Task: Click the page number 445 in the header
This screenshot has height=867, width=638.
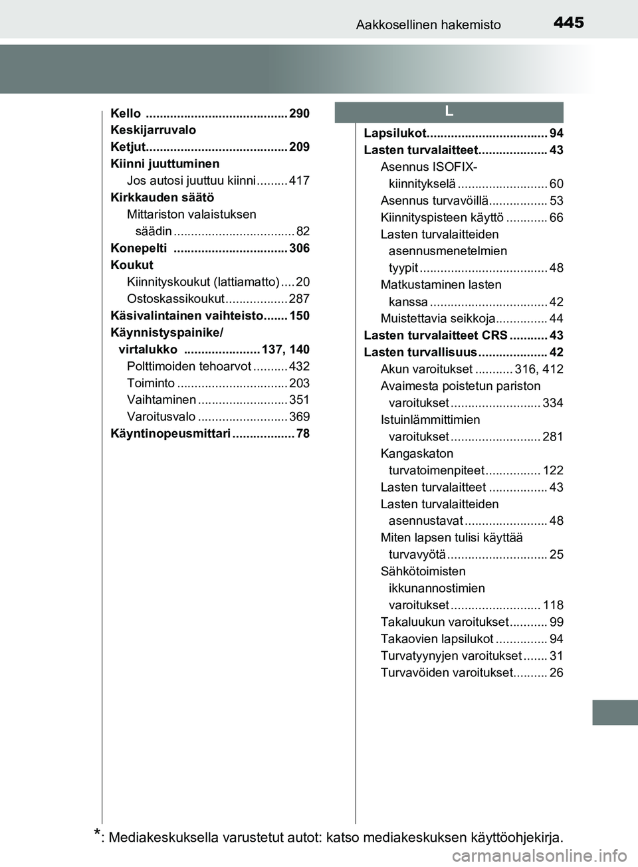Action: point(568,23)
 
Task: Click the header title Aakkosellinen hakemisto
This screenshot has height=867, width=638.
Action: point(428,25)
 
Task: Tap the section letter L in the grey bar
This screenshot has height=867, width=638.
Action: point(449,112)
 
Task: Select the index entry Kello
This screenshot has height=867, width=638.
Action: point(126,114)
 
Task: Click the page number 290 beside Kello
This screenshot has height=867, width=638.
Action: point(299,114)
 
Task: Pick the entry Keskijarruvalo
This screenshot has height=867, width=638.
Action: point(153,130)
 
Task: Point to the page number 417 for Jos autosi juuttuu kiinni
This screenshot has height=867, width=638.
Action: point(299,181)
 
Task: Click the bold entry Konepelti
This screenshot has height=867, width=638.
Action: point(139,248)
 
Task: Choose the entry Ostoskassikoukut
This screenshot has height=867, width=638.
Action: point(175,299)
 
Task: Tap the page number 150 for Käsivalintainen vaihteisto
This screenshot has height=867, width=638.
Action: point(299,316)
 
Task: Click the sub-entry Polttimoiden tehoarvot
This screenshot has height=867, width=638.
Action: point(189,366)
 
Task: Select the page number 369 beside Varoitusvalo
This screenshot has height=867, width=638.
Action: point(299,417)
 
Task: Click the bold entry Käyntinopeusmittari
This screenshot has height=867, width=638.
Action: point(170,434)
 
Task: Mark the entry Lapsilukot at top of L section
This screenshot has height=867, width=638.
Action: point(394,134)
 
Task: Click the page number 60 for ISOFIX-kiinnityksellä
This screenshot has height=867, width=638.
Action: point(556,184)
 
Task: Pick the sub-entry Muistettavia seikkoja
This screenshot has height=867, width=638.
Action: point(437,318)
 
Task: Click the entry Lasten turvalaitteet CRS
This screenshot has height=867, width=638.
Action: point(435,336)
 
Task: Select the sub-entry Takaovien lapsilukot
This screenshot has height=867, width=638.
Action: point(437,639)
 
